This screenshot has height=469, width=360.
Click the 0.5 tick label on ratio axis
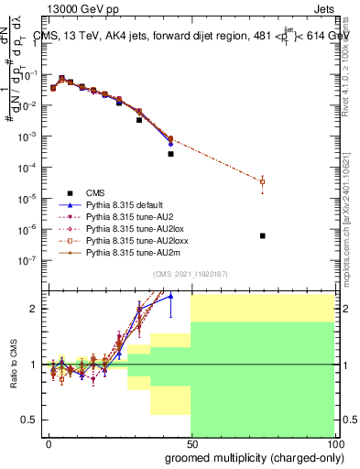[x=28, y=420]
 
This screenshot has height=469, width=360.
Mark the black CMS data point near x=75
[x=262, y=235]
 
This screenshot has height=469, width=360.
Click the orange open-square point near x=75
[x=262, y=182]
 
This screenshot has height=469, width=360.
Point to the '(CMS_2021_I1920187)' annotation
[x=191, y=274]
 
